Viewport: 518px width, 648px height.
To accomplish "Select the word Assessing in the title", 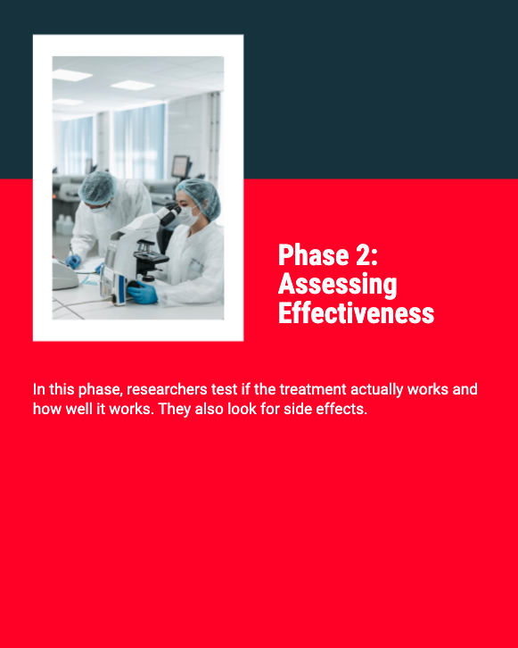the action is tap(338, 285).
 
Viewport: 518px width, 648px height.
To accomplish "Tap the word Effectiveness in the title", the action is tap(357, 312).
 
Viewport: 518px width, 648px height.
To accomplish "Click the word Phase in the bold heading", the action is tap(314, 255).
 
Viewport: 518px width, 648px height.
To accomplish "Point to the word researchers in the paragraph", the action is tap(167, 389).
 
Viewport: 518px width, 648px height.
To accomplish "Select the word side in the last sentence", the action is tap(298, 409).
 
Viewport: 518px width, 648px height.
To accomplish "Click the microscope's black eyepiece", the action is tap(170, 215).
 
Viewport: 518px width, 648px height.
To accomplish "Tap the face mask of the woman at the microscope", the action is tap(188, 216).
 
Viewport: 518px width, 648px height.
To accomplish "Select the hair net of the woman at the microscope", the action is tap(200, 196).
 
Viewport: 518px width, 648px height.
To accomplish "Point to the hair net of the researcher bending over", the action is tap(97, 187).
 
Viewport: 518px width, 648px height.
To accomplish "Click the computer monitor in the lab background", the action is tap(181, 166).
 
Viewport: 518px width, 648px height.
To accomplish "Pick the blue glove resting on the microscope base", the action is tap(143, 293).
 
